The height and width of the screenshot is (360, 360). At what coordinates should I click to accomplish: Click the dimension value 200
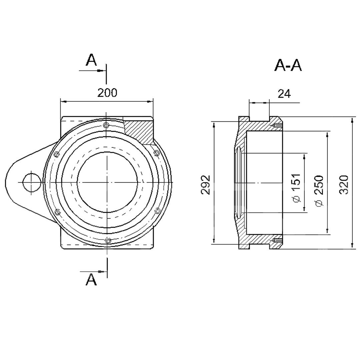[107, 93]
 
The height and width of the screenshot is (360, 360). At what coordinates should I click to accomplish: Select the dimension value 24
[284, 94]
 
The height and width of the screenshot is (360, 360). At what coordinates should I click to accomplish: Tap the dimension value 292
[206, 185]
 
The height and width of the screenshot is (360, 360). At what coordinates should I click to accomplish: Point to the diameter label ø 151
[297, 188]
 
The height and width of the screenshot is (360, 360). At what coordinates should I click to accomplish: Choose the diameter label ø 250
[319, 191]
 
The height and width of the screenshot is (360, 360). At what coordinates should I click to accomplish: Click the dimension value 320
[344, 185]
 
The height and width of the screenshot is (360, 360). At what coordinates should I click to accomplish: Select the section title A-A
[288, 65]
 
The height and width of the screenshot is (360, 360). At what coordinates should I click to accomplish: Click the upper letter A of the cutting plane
[91, 60]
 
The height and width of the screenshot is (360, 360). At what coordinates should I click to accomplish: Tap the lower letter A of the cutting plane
[91, 279]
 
